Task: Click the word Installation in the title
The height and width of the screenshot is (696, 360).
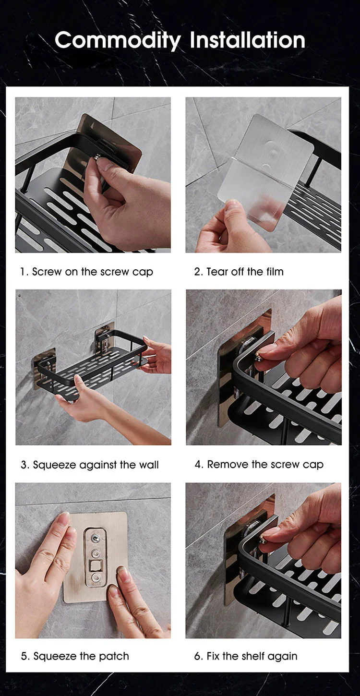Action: (x=247, y=40)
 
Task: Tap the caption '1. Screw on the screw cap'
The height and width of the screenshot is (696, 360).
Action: (x=86, y=272)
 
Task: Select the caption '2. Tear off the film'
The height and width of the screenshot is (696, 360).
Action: (x=239, y=272)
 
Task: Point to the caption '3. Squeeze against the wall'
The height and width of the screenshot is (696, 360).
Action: (x=89, y=465)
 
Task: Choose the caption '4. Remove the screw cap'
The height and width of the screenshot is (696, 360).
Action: (x=259, y=464)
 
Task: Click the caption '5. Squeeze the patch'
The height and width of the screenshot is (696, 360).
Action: (x=74, y=656)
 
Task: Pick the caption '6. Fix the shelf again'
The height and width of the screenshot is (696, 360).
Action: (x=245, y=656)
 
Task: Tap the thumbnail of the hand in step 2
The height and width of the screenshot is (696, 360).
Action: (x=230, y=228)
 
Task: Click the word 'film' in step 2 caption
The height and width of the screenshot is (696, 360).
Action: (x=275, y=272)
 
